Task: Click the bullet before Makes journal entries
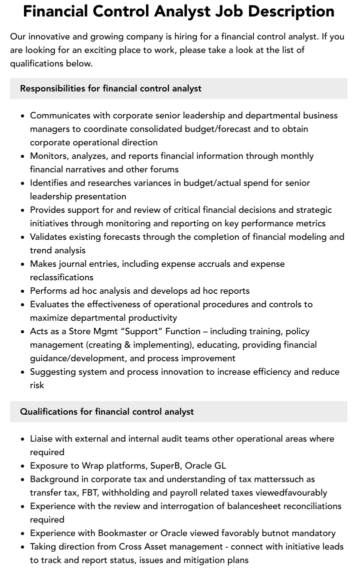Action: [22, 264]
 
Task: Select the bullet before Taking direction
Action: [22, 547]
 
